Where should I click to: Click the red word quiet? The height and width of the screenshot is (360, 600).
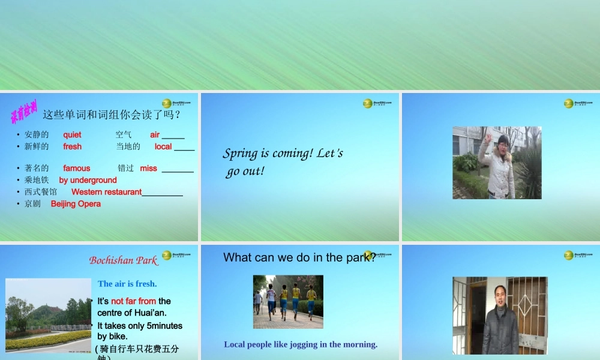72,135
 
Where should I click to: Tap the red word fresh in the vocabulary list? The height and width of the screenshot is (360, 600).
72,146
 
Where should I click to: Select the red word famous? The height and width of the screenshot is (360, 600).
77,169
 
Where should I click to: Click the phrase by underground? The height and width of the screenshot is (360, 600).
88,180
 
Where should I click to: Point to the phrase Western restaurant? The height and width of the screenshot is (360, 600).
106,192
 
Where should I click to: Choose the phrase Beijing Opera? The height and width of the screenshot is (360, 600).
76,204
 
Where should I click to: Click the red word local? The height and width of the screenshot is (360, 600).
163,146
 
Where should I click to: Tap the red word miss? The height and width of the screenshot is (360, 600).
148,169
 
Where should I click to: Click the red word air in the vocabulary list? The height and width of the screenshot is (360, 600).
155,135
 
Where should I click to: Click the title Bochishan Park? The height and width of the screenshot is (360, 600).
123,260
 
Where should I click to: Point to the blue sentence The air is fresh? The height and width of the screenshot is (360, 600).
127,284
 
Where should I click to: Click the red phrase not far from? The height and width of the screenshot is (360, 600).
133,301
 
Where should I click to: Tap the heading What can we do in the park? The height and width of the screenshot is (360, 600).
299,257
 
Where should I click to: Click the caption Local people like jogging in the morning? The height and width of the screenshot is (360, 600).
301,344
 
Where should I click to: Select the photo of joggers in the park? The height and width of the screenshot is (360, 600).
288,302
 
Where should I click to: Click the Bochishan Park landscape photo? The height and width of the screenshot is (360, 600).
48,315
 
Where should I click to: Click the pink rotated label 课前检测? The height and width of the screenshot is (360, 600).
24,112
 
